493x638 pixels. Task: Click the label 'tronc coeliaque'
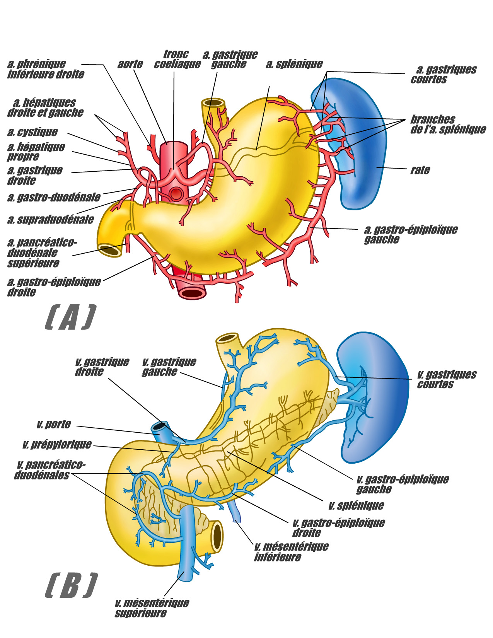(x=177, y=59)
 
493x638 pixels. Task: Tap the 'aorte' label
(x=130, y=64)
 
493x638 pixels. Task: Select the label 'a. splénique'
(x=294, y=64)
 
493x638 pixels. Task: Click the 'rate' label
(x=420, y=170)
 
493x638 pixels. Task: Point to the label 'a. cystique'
(x=32, y=132)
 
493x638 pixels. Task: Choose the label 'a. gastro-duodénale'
(x=54, y=198)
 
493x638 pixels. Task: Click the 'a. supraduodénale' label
(x=51, y=220)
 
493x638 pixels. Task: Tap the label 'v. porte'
(x=54, y=425)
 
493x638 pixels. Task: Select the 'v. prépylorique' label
(x=57, y=445)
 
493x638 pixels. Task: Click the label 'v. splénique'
(x=356, y=505)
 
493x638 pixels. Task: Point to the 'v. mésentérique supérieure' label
(x=152, y=608)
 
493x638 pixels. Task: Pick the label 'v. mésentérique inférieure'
(x=291, y=552)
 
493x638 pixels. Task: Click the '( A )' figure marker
(x=70, y=318)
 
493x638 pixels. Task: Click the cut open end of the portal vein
(x=159, y=427)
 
